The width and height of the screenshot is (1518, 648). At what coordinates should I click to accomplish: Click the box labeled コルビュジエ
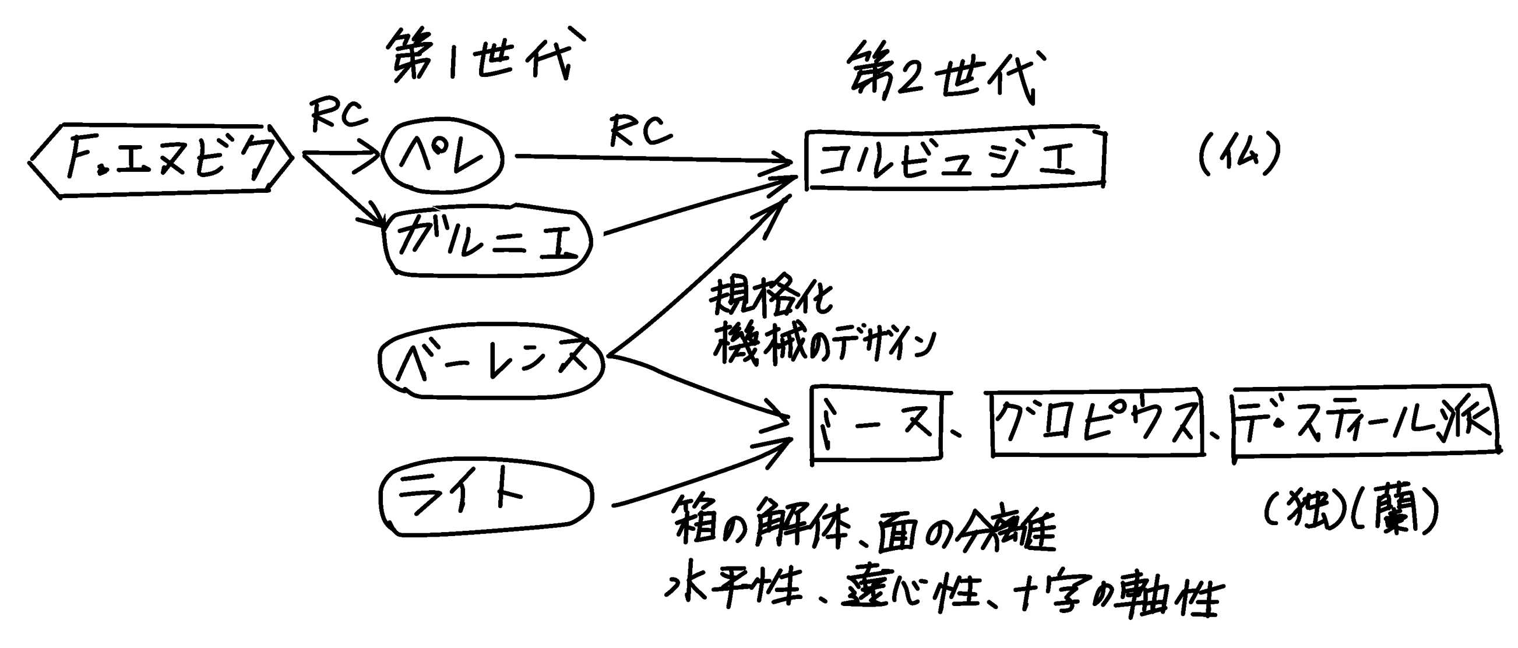point(955,158)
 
